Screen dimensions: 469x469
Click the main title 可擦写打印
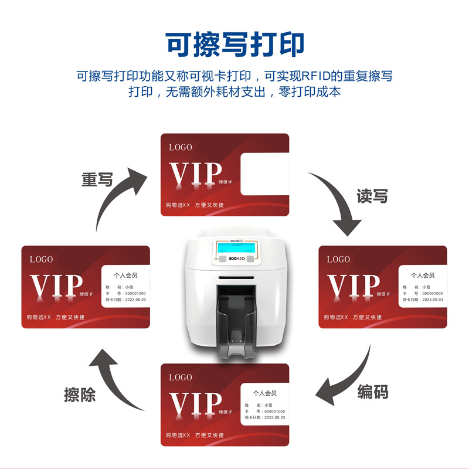click(235, 44)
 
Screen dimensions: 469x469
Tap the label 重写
click(97, 179)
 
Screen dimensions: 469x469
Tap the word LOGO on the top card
click(180, 147)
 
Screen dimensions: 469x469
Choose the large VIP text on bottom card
click(196, 403)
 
